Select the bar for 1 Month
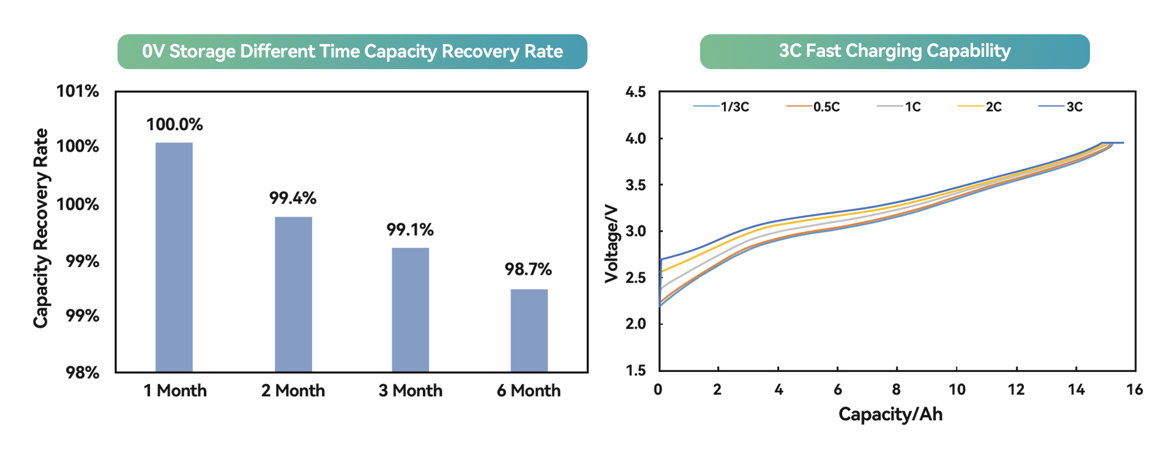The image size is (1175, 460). point(174,257)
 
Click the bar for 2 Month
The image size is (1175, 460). point(293,294)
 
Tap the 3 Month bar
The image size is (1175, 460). point(410,309)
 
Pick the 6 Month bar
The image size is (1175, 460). point(529,330)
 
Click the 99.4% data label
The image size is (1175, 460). point(293,198)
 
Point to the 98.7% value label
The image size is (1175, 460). point(528,269)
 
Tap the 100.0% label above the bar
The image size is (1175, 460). point(174,125)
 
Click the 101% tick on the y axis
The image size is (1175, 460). point(78,92)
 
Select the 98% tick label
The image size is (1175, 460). point(83,373)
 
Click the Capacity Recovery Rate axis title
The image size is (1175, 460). point(40,228)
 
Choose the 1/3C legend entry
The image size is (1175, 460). point(734,107)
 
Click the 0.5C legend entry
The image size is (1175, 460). point(826,107)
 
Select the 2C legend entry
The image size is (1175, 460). point(993,107)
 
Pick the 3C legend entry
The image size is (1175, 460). point(1074,107)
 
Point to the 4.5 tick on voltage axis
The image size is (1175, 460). point(635,92)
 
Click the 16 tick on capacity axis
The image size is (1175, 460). point(1134,390)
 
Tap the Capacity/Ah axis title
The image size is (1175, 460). point(890,414)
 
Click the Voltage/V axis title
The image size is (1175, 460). point(611,243)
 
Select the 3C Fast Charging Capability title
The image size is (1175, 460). point(894,51)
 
